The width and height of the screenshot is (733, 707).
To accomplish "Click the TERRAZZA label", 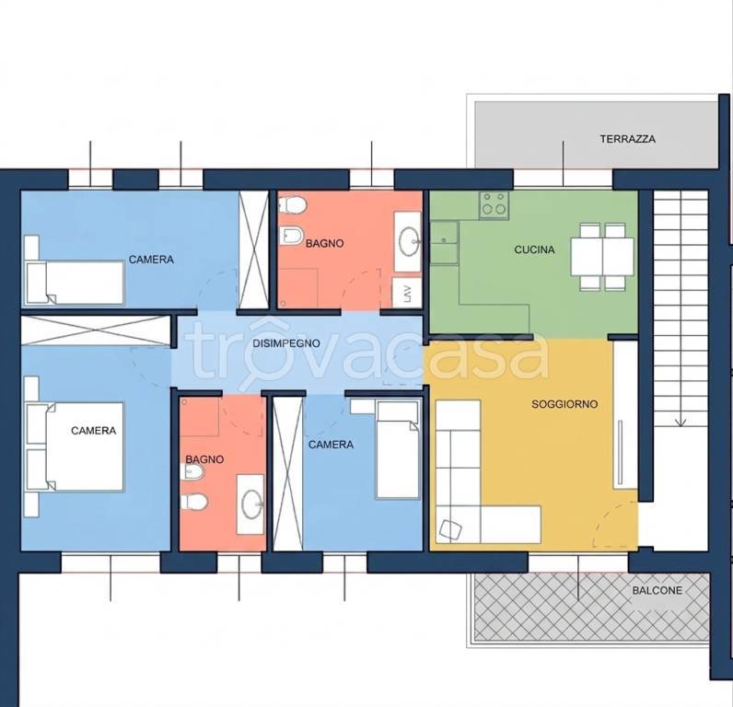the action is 627,139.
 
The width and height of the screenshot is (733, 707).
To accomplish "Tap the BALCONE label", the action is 657,590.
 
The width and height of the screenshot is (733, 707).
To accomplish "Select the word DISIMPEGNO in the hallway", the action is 286,343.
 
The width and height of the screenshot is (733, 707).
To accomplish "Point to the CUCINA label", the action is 534,249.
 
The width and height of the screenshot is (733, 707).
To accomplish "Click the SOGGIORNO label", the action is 564,404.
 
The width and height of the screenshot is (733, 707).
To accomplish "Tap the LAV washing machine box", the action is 407,293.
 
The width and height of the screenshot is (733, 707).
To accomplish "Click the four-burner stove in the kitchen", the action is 494,205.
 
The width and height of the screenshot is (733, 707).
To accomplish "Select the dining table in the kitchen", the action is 602,257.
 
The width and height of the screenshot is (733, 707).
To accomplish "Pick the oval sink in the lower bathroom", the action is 251,504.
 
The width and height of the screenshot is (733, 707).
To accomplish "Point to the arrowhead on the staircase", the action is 681,422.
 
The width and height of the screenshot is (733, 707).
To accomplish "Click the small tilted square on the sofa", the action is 450,530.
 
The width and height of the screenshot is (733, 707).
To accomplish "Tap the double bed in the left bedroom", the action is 76,447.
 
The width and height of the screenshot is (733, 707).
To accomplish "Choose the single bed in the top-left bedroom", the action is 75,284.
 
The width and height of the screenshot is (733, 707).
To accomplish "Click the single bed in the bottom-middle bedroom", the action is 398,448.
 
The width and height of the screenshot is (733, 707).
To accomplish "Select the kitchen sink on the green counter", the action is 444,242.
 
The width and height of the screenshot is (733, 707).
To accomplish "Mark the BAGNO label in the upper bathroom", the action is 324,243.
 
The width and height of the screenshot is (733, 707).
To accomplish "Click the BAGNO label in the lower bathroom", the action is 204,459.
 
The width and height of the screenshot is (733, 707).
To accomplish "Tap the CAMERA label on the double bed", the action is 94,430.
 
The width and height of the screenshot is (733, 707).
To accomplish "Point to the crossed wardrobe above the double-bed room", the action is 96,330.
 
